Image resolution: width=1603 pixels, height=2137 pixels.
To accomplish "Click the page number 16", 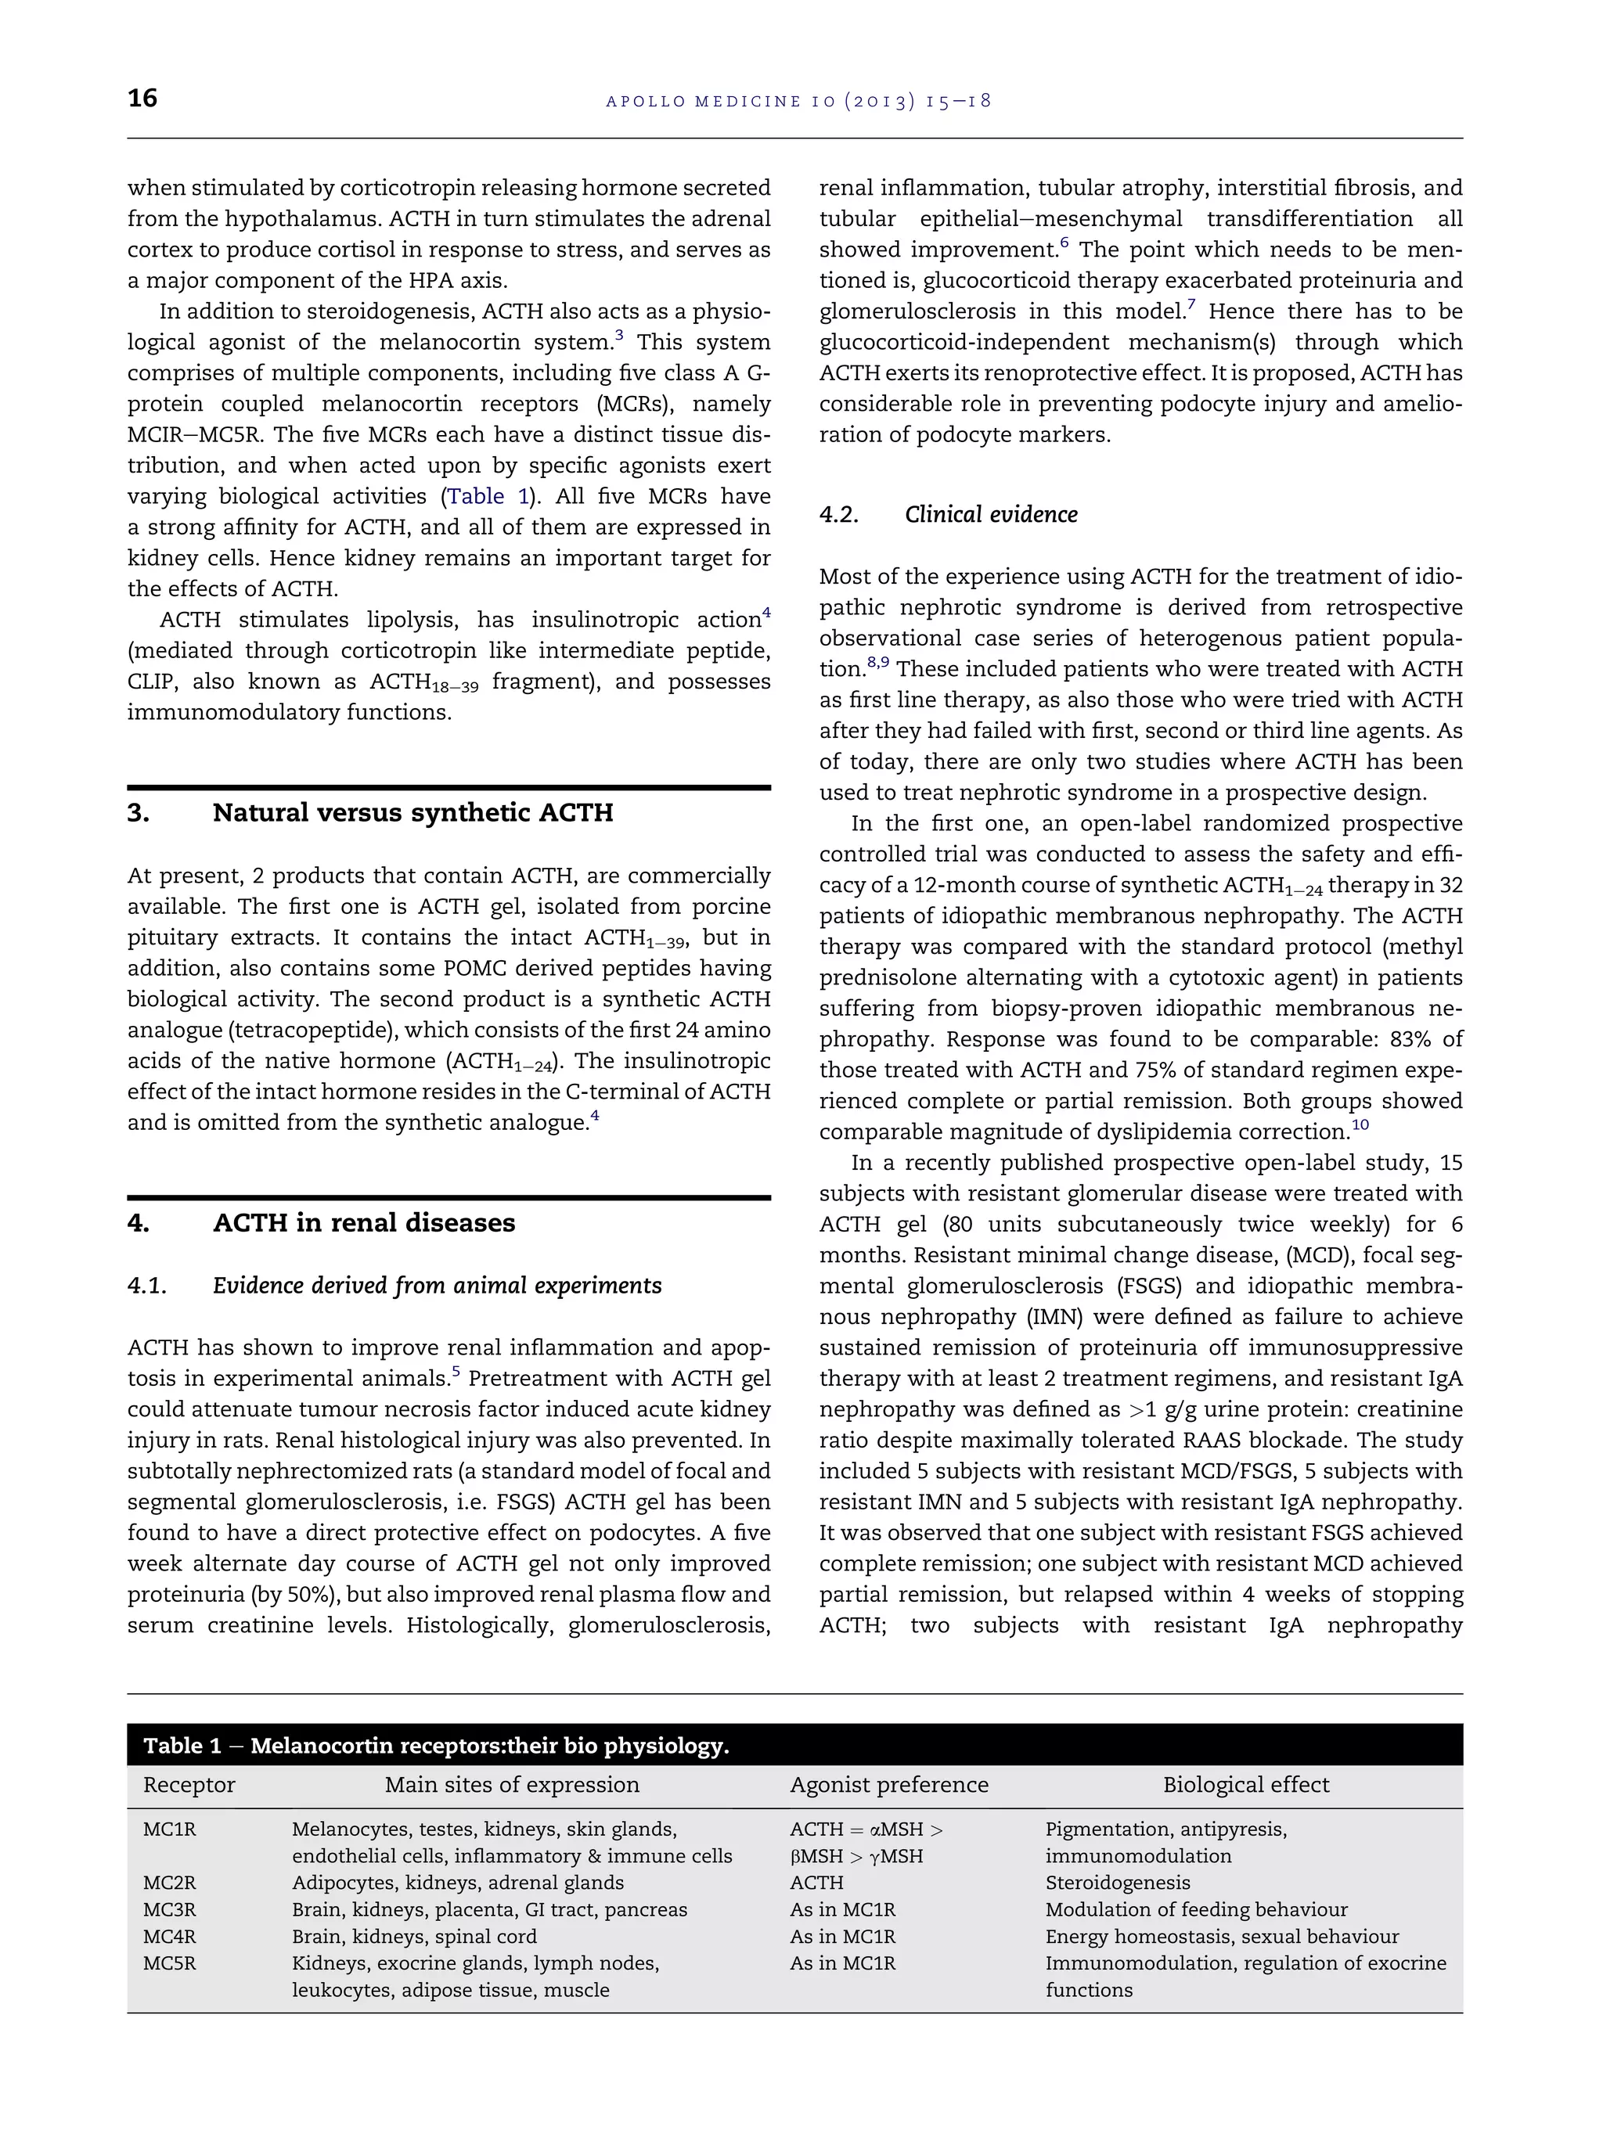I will tap(142, 99).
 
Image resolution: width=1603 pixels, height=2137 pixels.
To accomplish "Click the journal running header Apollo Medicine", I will tap(798, 100).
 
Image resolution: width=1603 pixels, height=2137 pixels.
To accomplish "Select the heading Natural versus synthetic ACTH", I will tap(412, 812).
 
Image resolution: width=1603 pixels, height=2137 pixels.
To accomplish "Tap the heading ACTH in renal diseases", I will tap(363, 1223).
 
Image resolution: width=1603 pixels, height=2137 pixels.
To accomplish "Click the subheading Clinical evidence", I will tap(990, 515).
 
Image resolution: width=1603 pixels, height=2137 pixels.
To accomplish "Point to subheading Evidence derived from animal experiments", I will tap(437, 1286).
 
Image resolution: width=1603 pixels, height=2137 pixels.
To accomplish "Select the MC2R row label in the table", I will tap(169, 1883).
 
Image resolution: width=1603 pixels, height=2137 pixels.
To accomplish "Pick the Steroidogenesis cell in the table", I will tap(1117, 1883).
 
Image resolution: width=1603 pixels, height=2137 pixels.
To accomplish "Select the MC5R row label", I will tap(169, 1964).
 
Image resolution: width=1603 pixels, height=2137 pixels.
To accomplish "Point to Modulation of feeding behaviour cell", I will tap(1195, 1910).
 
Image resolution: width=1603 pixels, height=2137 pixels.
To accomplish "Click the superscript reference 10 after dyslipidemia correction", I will tap(1360, 1125).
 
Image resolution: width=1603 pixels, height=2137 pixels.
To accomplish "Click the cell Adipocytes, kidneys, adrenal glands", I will tap(457, 1883).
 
